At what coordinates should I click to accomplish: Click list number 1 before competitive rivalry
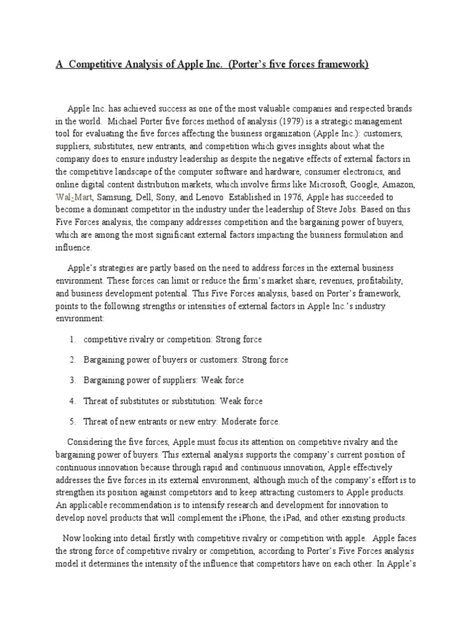coord(73,339)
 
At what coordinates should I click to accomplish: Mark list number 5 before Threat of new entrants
coord(73,421)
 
